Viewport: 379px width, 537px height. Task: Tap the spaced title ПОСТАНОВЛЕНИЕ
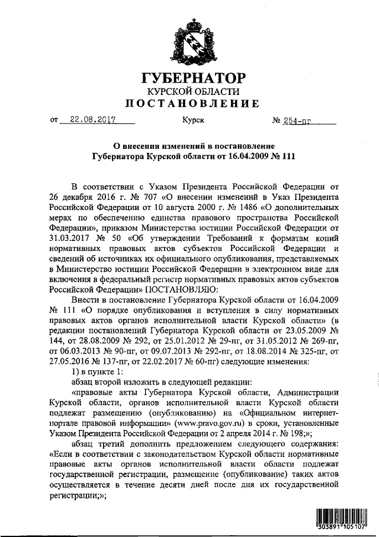193,104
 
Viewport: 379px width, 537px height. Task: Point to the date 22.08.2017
92,119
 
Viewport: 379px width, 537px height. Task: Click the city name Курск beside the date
193,119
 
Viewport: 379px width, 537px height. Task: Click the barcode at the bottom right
342,520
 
